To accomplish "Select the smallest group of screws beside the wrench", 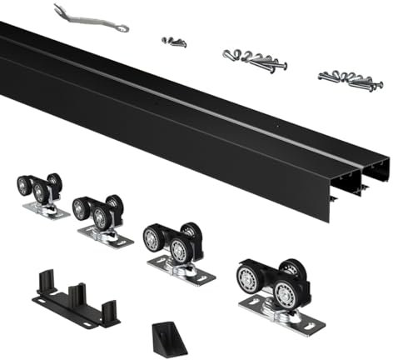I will (174, 41).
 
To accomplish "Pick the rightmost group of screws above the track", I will (350, 81).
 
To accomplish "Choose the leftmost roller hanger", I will (42, 193).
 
